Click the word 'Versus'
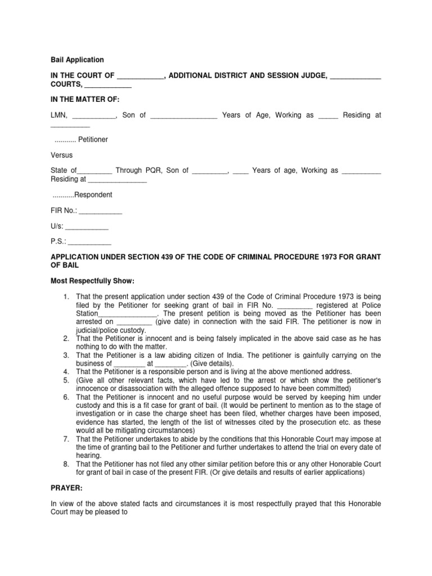click(x=61, y=155)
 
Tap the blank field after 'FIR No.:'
click(x=100, y=211)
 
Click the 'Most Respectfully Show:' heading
click(x=93, y=281)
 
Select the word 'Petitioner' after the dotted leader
click(x=93, y=139)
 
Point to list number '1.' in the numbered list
click(x=66, y=296)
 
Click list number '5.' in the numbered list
click(x=66, y=380)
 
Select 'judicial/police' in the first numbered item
click(x=100, y=330)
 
